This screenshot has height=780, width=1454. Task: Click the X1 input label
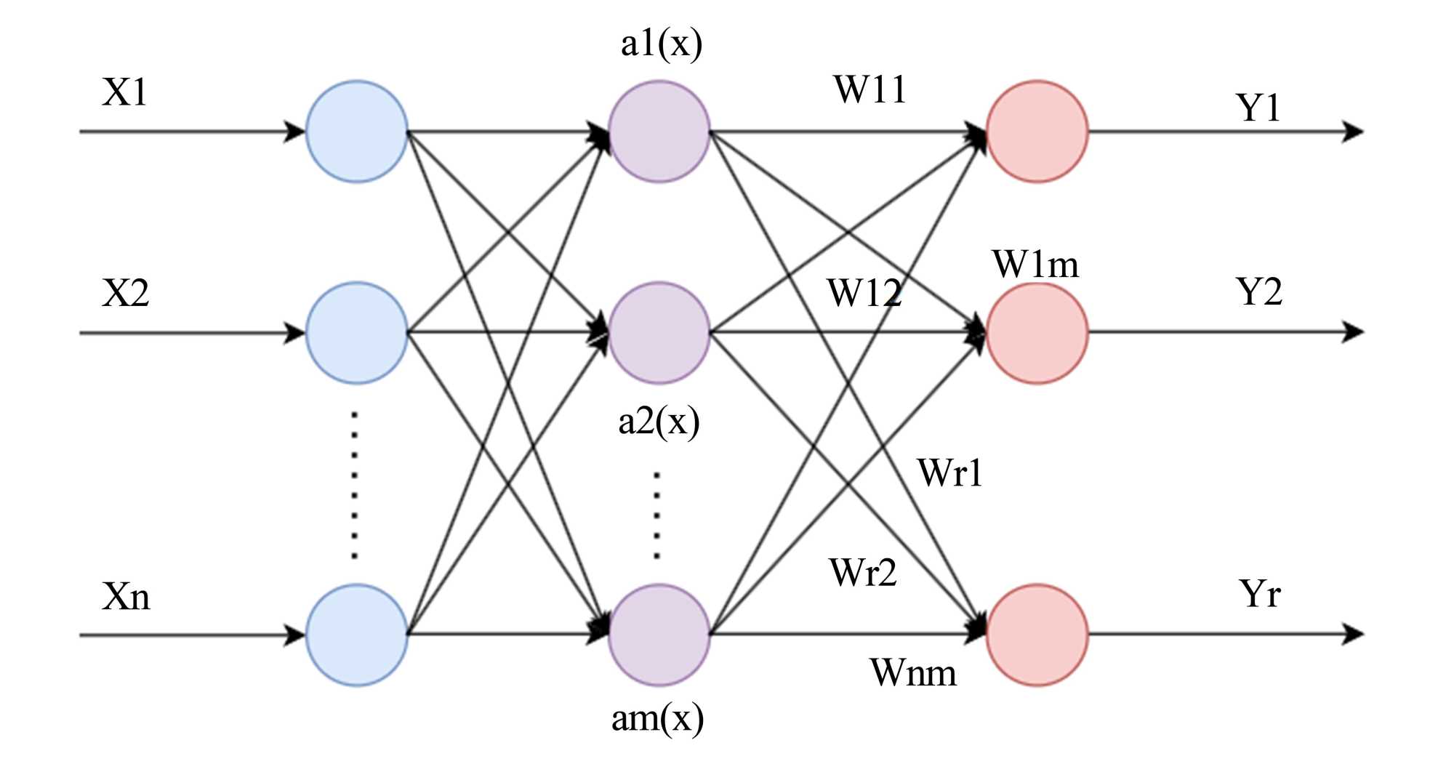pyautogui.click(x=125, y=93)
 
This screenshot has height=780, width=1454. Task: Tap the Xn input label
pyautogui.click(x=126, y=597)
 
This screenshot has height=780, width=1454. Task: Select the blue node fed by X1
pyautogui.click(x=356, y=132)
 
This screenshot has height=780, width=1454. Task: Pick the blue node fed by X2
pyautogui.click(x=356, y=333)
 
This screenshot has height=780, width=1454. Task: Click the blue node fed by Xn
pyautogui.click(x=356, y=635)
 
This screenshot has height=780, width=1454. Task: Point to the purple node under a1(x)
pyautogui.click(x=659, y=132)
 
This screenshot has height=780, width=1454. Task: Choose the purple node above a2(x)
pyautogui.click(x=659, y=333)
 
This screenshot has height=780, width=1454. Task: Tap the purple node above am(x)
pyautogui.click(x=659, y=635)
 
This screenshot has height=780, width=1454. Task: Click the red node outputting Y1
pyautogui.click(x=1037, y=132)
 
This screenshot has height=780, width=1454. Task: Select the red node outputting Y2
pyautogui.click(x=1037, y=333)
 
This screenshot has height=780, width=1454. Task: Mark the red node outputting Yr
pyautogui.click(x=1037, y=635)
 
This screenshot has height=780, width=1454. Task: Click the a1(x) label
pyautogui.click(x=661, y=44)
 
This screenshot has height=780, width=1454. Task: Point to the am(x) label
pyautogui.click(x=657, y=719)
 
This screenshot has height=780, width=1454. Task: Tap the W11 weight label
pyautogui.click(x=870, y=90)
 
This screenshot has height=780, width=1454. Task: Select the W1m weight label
pyautogui.click(x=1035, y=265)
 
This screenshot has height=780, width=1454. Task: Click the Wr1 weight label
pyautogui.click(x=949, y=473)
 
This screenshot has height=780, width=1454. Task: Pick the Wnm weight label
pyautogui.click(x=913, y=673)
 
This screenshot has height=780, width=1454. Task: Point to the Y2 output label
pyautogui.click(x=1258, y=292)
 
